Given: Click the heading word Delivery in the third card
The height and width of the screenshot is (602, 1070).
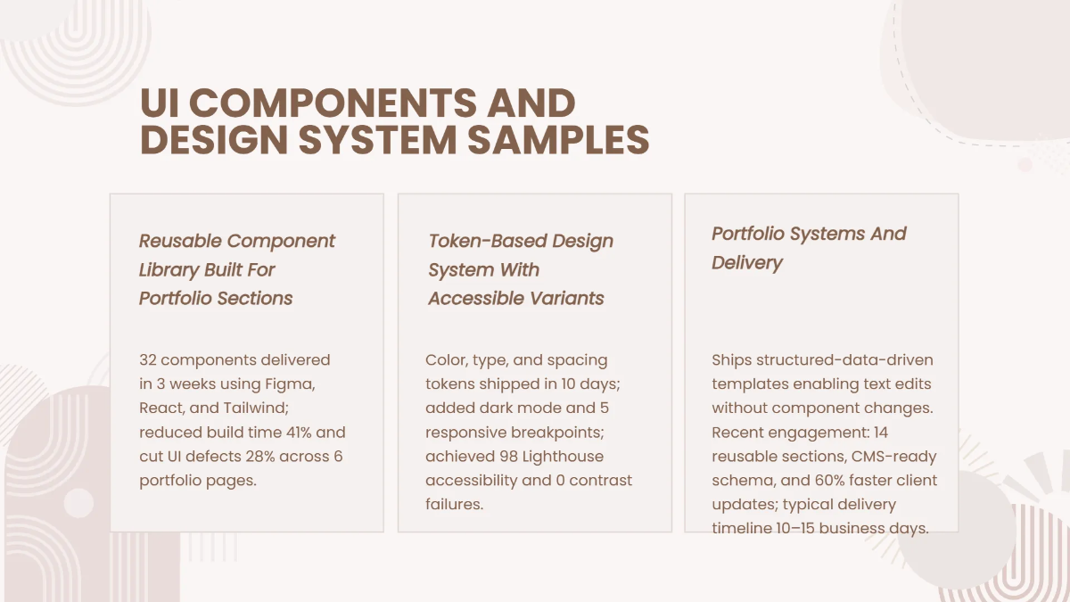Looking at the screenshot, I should click(x=746, y=263).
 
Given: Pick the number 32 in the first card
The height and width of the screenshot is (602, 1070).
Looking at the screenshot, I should click(x=148, y=360).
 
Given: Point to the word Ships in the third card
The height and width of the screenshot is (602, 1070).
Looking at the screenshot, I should click(x=731, y=360).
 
